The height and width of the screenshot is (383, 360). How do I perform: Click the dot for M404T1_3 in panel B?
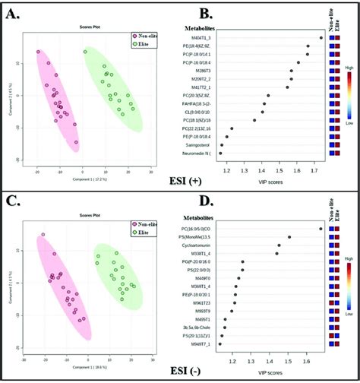(x=321, y=37)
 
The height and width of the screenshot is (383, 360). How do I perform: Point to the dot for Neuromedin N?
(x=221, y=153)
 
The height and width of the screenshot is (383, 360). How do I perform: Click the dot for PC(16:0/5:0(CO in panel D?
(x=321, y=229)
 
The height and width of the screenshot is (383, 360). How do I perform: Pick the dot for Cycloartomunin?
(x=279, y=245)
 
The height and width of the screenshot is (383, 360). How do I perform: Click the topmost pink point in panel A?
(x=38, y=52)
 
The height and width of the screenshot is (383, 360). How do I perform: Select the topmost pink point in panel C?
(x=43, y=235)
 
